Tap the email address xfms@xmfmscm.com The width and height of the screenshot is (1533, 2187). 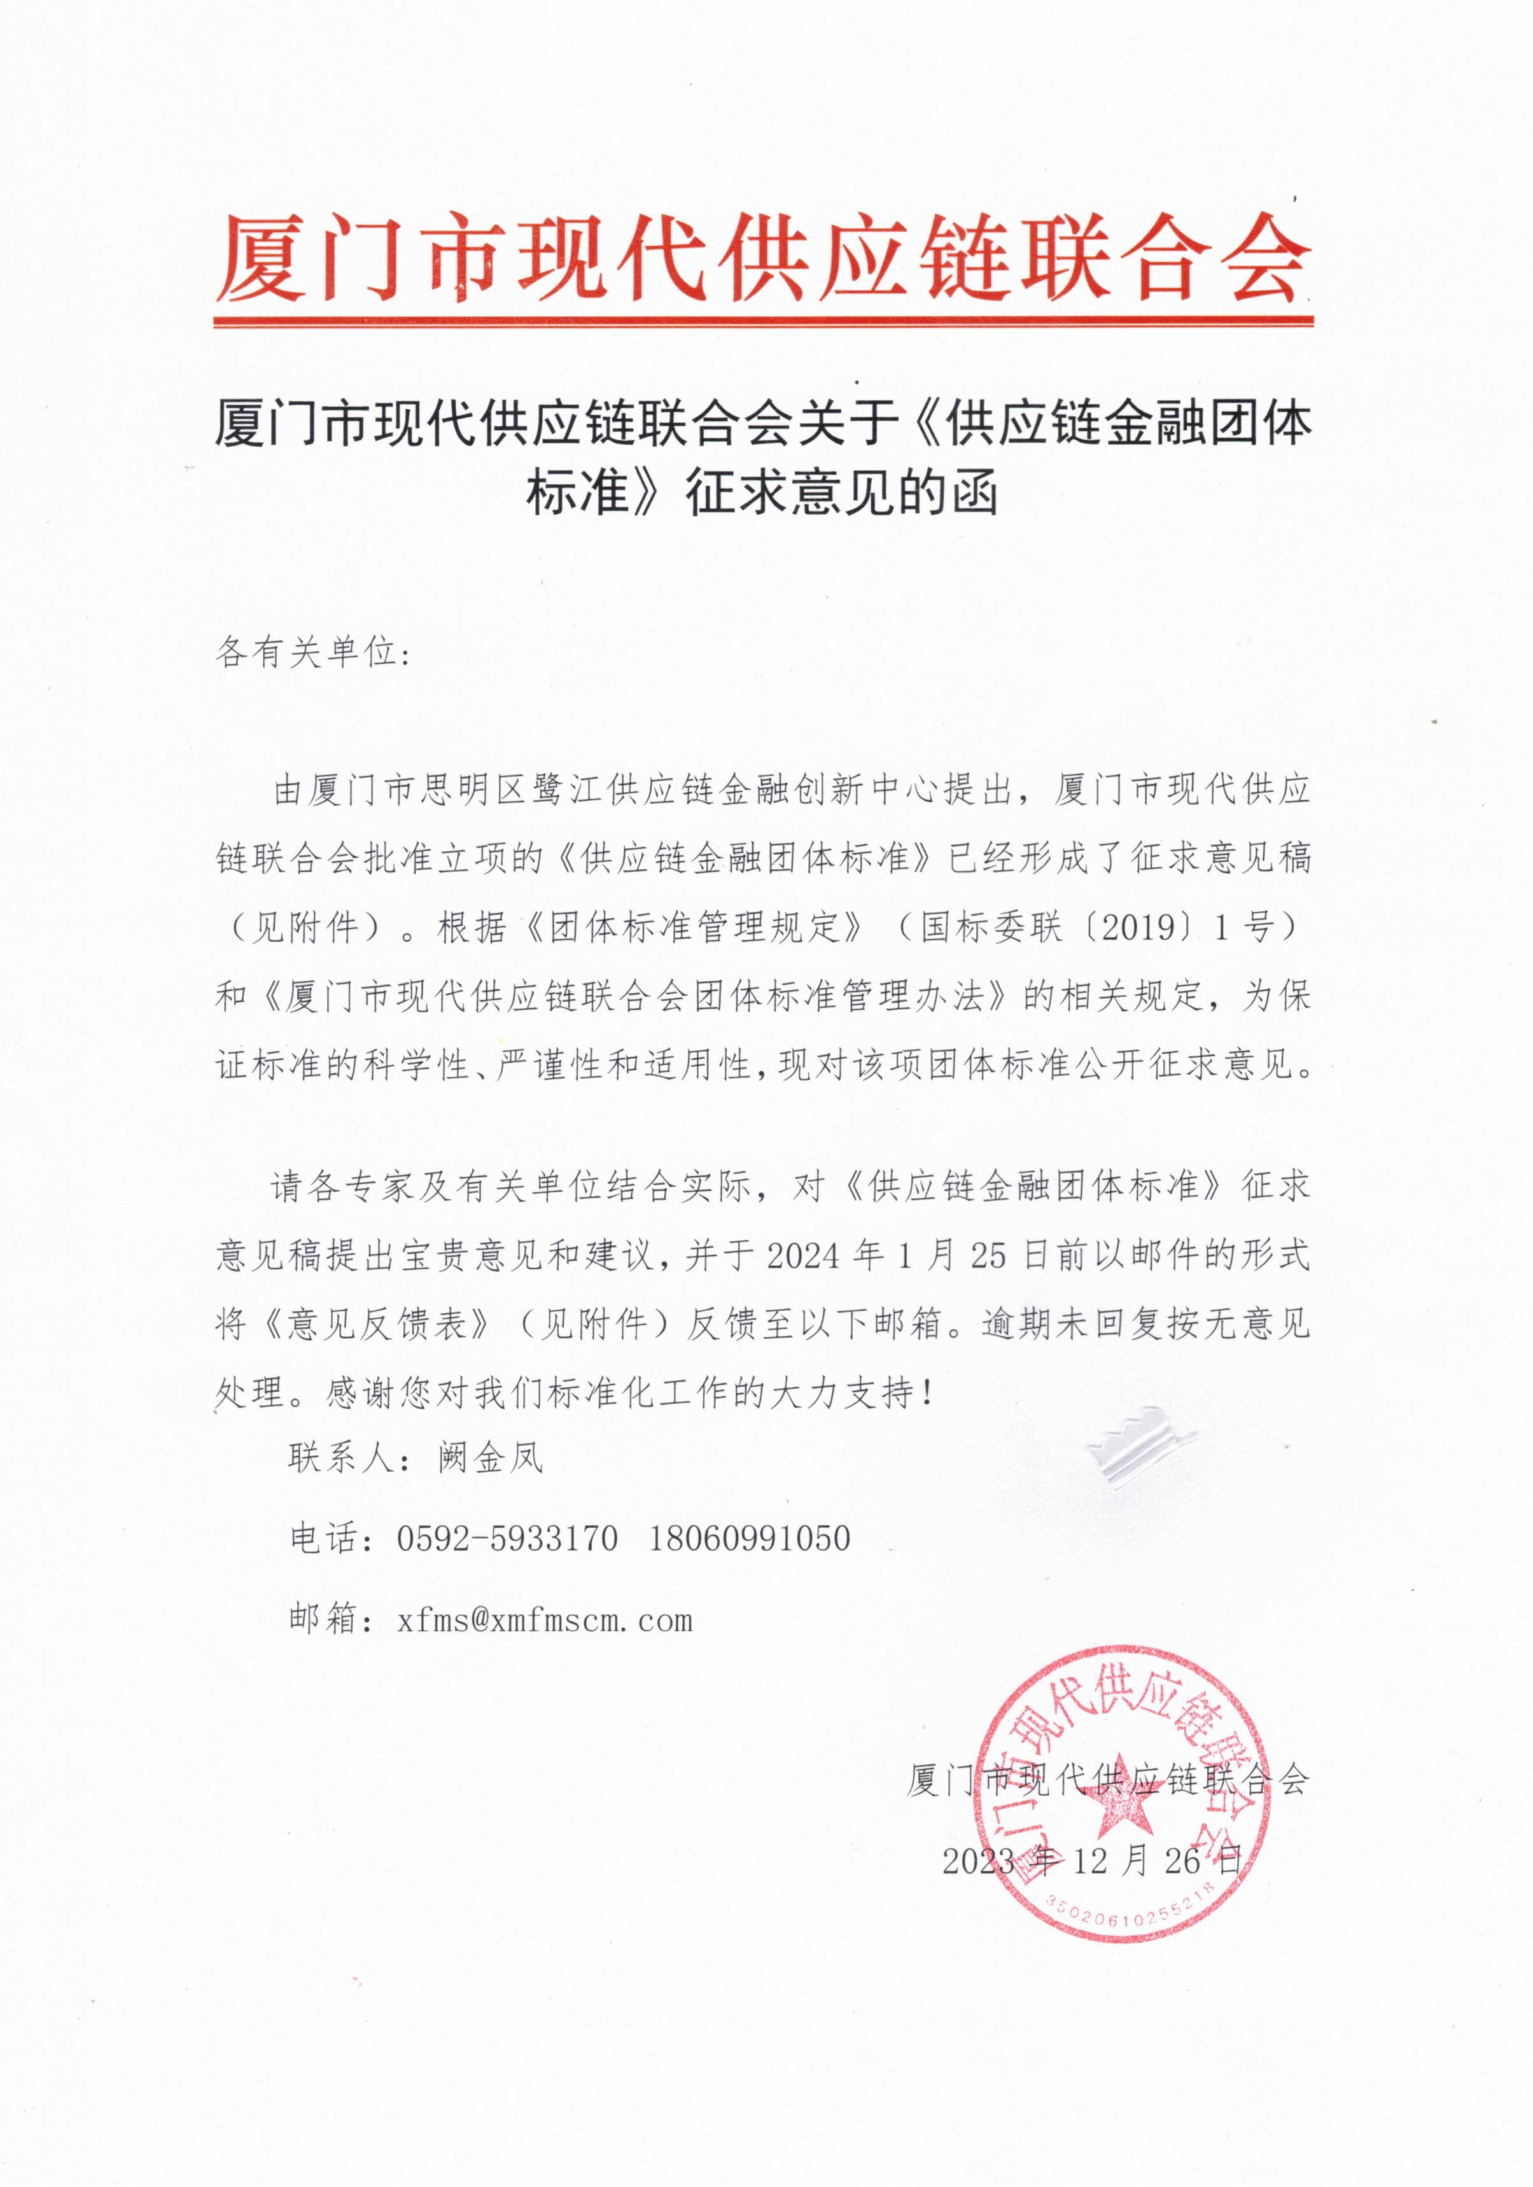point(544,1620)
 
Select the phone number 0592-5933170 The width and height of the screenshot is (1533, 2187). point(507,1539)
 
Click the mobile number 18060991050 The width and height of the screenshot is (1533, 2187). point(750,1539)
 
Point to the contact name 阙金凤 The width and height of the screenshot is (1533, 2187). point(491,1457)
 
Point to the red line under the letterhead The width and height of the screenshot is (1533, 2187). point(762,322)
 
